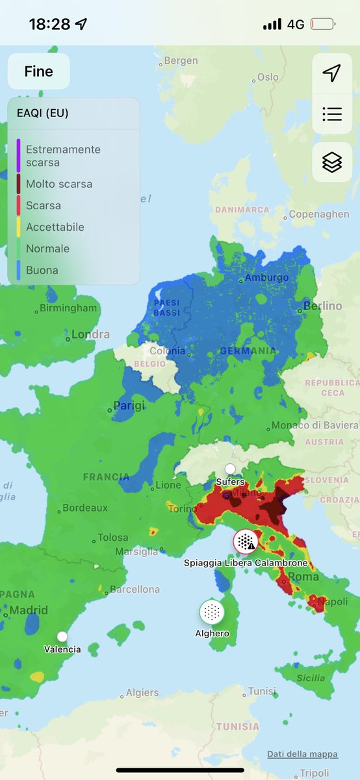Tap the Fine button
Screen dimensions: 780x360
38,71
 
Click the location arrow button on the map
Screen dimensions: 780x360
332,73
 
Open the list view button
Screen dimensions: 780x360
332,114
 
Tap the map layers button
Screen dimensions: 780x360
332,162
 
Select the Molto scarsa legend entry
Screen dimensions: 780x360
59,184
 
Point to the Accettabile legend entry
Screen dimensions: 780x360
55,227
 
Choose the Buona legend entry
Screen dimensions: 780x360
42,270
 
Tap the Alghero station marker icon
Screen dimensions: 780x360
212,612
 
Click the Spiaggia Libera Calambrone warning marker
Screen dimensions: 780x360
246,541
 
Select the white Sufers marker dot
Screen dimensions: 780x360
230,469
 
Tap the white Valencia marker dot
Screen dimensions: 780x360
62,636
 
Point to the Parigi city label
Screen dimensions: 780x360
129,406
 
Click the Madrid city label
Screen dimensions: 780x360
28,610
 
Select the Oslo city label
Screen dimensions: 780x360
268,77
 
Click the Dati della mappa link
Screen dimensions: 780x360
302,754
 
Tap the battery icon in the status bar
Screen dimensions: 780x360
323,25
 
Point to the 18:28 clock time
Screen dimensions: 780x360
49,25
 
